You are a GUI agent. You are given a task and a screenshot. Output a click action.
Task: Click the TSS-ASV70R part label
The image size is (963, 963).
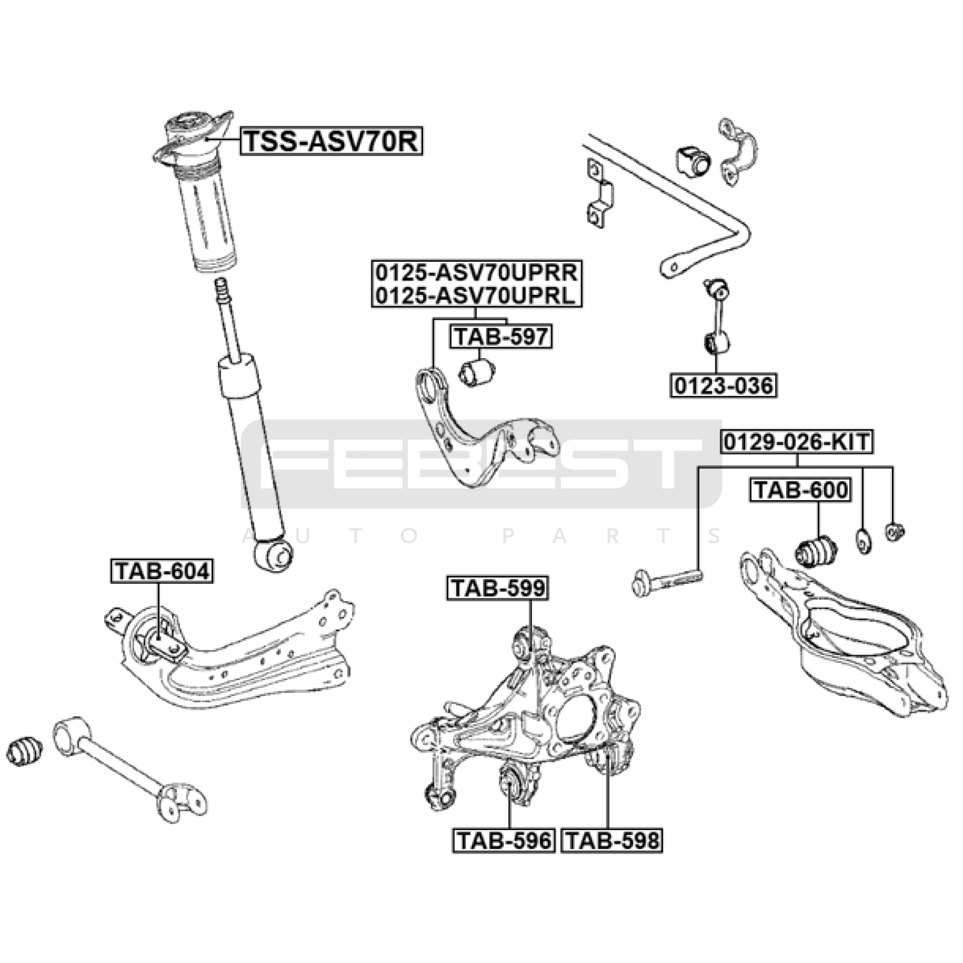(332, 142)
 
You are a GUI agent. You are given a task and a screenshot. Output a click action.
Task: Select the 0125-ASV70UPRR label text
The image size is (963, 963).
(477, 273)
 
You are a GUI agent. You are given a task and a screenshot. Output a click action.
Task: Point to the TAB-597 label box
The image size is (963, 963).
(501, 336)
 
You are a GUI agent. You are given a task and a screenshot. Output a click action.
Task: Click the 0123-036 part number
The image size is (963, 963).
(723, 385)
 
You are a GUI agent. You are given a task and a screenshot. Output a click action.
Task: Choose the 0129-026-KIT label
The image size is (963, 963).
(797, 442)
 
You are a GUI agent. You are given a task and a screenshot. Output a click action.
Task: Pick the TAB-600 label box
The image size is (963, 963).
(800, 490)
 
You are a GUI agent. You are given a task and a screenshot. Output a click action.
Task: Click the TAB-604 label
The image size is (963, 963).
(161, 571)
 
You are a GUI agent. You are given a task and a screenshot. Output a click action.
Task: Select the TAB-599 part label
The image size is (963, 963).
(497, 588)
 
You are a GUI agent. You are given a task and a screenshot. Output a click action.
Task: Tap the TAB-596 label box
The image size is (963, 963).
(503, 840)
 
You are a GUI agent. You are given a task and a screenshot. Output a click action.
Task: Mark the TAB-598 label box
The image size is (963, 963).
(612, 840)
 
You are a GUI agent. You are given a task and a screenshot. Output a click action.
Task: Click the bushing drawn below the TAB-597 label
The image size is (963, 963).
(476, 372)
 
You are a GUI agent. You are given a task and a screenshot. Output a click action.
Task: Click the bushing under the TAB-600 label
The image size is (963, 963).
(817, 550)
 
